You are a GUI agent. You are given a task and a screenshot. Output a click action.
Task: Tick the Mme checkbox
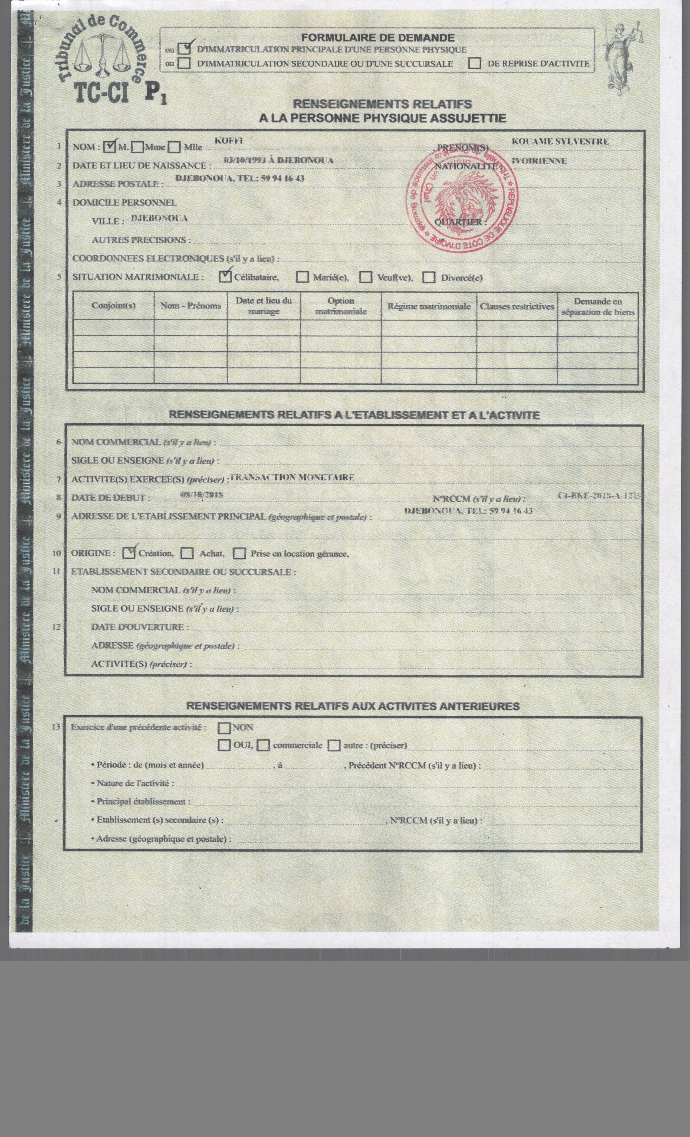point(137,147)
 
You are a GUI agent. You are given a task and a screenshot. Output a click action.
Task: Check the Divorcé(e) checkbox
point(429,277)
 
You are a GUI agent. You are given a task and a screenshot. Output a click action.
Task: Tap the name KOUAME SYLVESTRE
point(560,142)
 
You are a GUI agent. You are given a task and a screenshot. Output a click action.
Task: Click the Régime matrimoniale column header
point(429,306)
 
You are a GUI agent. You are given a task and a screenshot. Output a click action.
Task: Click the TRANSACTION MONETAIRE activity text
point(292,477)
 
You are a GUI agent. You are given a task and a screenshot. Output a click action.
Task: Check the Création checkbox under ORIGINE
point(129,553)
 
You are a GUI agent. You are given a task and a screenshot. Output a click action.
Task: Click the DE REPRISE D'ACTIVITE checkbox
point(475,64)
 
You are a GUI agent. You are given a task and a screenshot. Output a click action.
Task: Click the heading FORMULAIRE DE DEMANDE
point(378,38)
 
